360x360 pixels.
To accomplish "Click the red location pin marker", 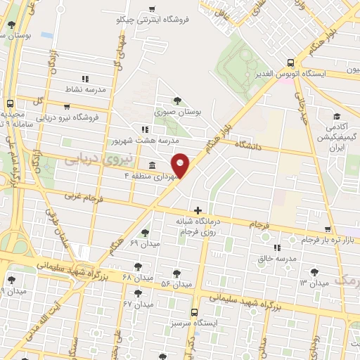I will (181, 165).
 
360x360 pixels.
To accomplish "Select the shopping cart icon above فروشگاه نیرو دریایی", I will (67, 108).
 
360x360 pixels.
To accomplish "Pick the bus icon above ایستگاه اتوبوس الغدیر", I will (290, 62).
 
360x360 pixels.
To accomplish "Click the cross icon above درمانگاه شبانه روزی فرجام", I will (198, 210).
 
